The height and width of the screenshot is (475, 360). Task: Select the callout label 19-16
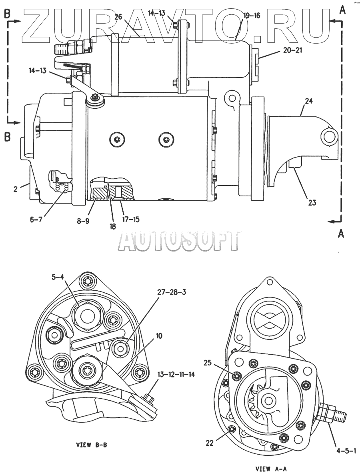(251, 16)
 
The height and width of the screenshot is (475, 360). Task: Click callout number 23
(312, 202)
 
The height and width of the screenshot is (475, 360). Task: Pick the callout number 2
(16, 189)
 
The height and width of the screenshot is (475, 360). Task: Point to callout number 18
(112, 226)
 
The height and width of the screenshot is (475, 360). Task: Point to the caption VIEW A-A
(271, 468)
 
